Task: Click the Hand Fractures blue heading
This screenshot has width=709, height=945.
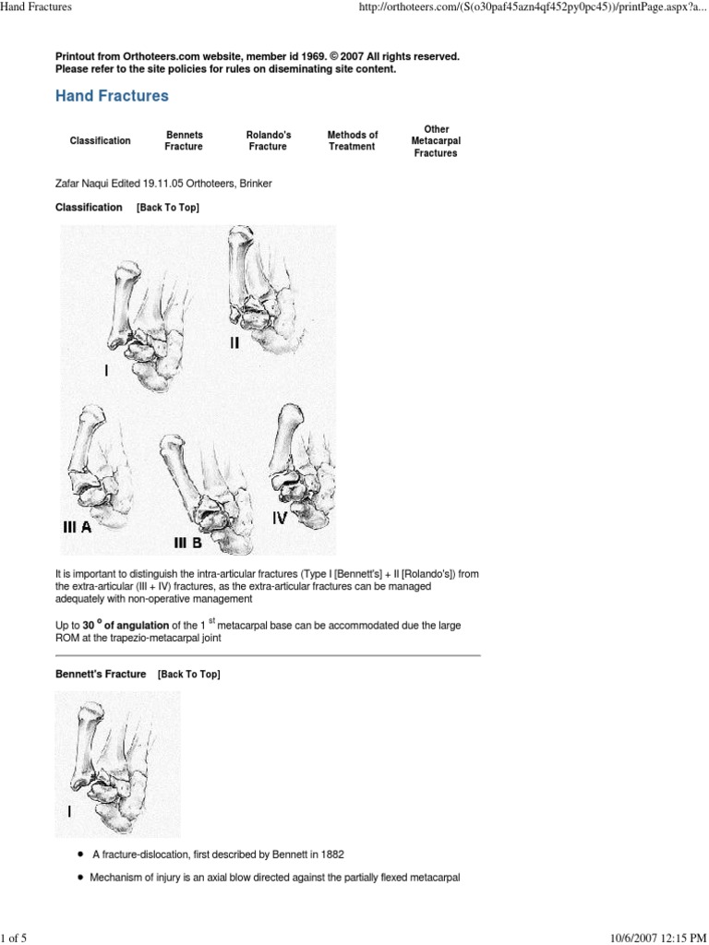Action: click(112, 96)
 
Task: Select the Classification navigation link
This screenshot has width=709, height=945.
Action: click(100, 140)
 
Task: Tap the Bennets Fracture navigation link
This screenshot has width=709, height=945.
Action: click(184, 140)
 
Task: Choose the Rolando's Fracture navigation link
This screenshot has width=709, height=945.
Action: click(268, 140)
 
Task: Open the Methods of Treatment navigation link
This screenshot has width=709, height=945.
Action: click(352, 140)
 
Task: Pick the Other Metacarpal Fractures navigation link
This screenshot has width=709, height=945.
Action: click(436, 140)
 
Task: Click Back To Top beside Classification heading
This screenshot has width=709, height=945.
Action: click(168, 208)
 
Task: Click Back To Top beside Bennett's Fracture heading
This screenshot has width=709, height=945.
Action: click(188, 675)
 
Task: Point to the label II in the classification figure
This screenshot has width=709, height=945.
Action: click(234, 343)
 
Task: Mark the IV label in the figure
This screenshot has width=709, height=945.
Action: click(279, 519)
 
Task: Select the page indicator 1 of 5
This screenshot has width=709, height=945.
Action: click(15, 938)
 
